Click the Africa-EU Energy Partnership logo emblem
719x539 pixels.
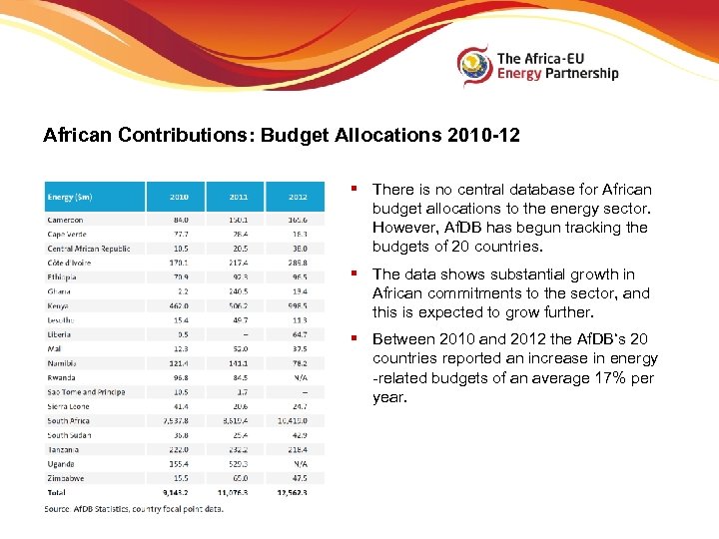point(475,66)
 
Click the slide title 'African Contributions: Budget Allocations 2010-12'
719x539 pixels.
point(282,135)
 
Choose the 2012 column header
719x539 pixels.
point(298,197)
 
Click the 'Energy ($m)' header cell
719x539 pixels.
point(69,197)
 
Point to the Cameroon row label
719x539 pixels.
point(66,220)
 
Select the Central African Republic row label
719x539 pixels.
point(89,249)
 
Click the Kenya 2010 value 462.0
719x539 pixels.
point(179,306)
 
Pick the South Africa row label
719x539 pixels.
point(69,421)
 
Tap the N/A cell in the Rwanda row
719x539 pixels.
point(301,378)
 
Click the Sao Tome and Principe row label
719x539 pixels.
point(86,392)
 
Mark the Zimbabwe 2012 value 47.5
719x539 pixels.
point(299,479)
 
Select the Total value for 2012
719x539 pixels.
point(296,493)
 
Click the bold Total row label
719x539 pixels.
point(57,493)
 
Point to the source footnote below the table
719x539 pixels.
point(134,508)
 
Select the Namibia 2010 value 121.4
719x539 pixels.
point(179,364)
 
